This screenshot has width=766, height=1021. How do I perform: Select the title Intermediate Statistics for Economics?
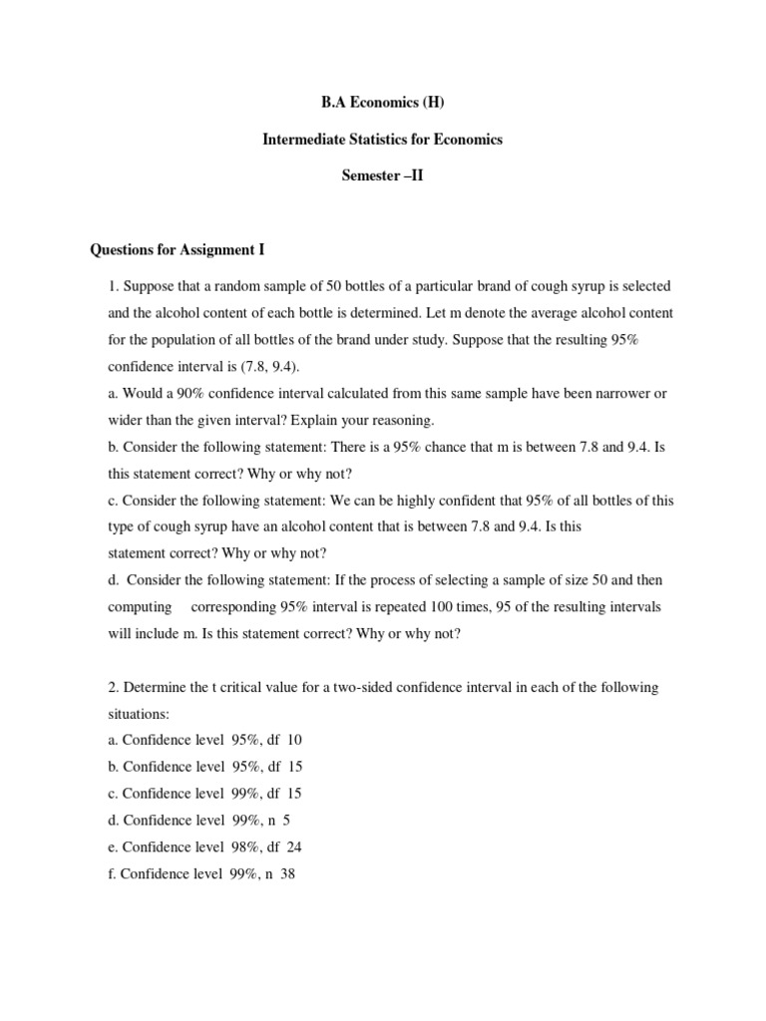click(x=382, y=140)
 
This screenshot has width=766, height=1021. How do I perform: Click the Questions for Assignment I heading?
click(x=178, y=249)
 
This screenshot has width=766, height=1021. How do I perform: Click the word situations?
click(x=140, y=715)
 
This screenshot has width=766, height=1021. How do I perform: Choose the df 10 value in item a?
click(x=284, y=741)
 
